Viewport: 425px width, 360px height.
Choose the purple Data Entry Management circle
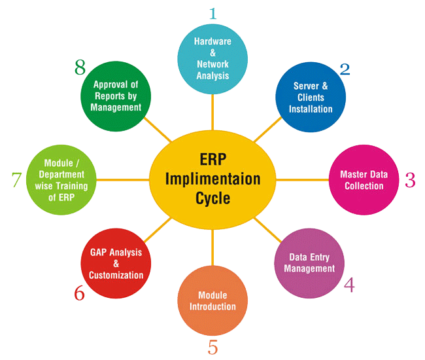[307, 263]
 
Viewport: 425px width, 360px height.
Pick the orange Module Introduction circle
[212, 301]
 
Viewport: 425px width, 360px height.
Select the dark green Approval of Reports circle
[116, 96]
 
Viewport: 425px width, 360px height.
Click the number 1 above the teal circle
[212, 13]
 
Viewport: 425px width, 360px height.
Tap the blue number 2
[344, 69]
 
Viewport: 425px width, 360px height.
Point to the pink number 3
[410, 180]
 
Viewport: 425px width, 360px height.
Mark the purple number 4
[349, 285]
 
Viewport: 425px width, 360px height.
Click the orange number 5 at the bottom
[212, 347]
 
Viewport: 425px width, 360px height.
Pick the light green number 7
[16, 180]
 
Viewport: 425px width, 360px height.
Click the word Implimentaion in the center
[212, 179]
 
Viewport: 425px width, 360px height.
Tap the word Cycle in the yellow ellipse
[212, 198]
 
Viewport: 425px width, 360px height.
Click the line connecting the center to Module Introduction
[212, 249]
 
